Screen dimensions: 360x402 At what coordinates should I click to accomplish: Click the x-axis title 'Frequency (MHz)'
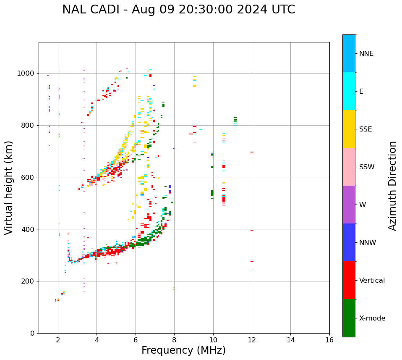(x=183, y=350)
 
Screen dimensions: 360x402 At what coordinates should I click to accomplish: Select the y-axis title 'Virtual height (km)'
(x=9, y=188)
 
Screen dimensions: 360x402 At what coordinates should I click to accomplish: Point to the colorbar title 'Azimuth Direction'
(x=392, y=186)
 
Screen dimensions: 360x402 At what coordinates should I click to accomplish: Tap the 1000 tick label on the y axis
(x=26, y=74)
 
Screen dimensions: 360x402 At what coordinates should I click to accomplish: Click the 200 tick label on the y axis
(x=28, y=281)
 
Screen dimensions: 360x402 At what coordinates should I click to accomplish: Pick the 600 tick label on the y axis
(x=28, y=177)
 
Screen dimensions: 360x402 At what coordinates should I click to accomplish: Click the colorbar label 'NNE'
(x=366, y=54)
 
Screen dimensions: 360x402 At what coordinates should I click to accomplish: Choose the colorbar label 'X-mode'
(x=372, y=318)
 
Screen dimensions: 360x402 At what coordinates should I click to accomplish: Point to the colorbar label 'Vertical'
(x=372, y=281)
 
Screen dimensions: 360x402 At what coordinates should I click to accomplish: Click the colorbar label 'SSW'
(x=367, y=167)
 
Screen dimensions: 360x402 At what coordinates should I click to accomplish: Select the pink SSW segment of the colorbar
(x=349, y=167)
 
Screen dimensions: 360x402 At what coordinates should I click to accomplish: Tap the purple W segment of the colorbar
(x=349, y=205)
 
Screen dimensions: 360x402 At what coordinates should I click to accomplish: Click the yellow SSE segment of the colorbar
(x=349, y=129)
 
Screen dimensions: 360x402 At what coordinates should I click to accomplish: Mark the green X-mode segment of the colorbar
(x=349, y=318)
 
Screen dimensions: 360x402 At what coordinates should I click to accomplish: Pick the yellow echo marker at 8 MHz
(x=174, y=289)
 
